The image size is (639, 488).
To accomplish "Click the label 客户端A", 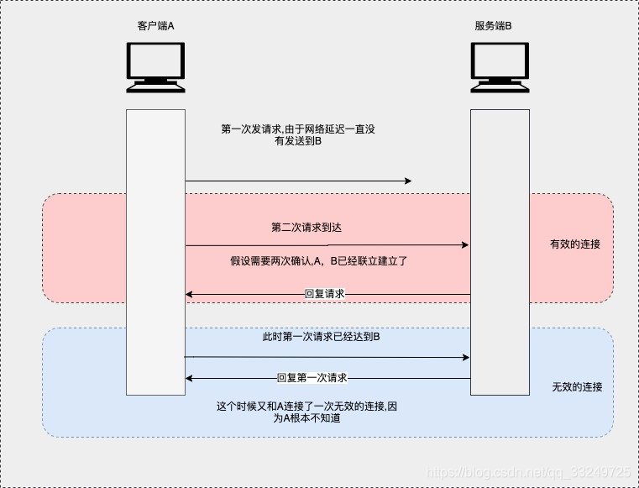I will click(155, 26).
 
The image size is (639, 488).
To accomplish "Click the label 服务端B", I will click(493, 26).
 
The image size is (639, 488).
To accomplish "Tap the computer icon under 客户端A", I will click(155, 68).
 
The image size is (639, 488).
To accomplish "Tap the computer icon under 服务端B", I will click(500, 68).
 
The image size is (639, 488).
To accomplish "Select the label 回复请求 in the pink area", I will click(324, 294).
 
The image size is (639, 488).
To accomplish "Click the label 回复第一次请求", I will click(312, 378).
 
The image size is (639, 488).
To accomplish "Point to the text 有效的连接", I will click(575, 244).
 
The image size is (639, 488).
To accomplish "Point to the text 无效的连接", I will click(577, 387).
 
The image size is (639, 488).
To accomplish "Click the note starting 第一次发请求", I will click(298, 135).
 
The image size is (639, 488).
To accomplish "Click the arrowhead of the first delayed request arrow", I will click(408, 181).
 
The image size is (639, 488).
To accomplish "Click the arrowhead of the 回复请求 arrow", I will click(190, 295).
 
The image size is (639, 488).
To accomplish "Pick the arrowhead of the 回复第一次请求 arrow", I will click(190, 379).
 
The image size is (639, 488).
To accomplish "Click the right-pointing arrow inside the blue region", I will click(327, 358).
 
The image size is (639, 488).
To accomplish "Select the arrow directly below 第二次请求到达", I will click(327, 245).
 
